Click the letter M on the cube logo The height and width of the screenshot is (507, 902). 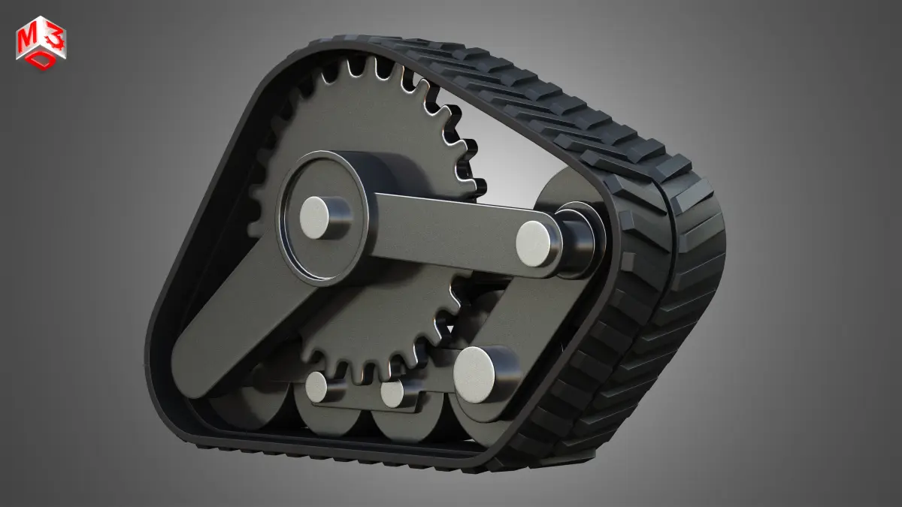26,39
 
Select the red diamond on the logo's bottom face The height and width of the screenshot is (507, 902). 42,60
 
